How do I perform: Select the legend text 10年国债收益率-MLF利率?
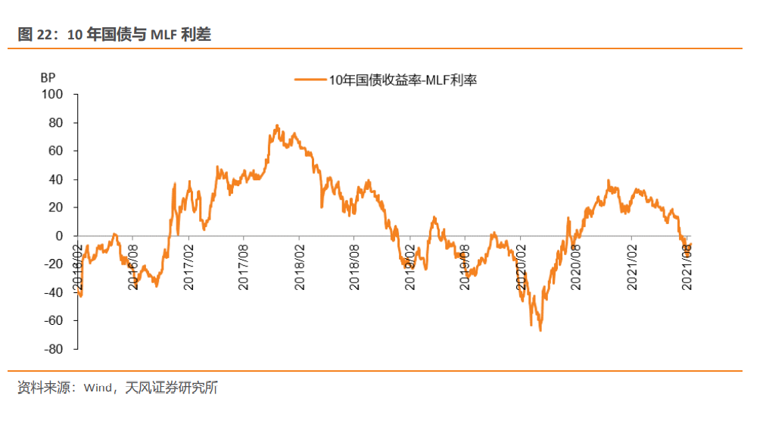click(402, 79)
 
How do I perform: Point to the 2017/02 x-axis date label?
click(188, 265)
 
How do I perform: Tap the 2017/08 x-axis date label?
click(244, 265)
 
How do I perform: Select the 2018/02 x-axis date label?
click(300, 265)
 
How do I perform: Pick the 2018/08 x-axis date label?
click(355, 265)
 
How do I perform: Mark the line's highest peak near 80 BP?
click(277, 125)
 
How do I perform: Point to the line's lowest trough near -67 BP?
click(540, 330)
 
